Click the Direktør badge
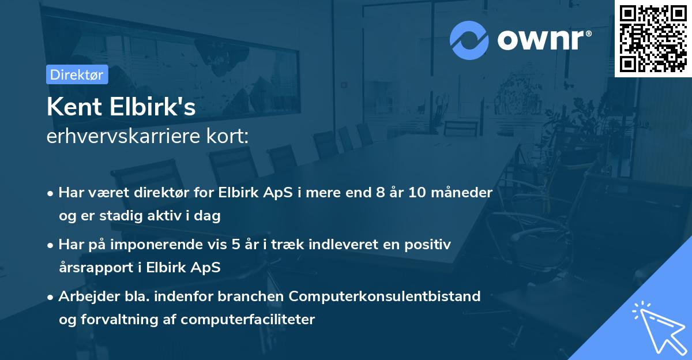[77, 74]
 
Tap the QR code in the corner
[653, 38]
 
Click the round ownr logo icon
[469, 40]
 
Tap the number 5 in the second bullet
[236, 245]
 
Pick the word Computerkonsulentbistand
[385, 297]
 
